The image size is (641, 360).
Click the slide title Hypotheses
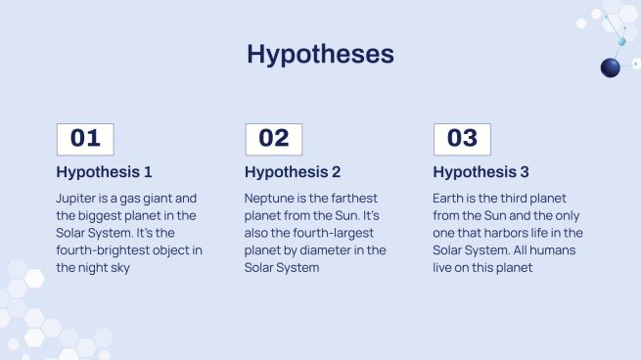click(x=321, y=54)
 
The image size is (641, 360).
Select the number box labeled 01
click(x=85, y=139)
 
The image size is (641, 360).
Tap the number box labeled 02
click(x=274, y=139)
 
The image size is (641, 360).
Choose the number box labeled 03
click(x=462, y=139)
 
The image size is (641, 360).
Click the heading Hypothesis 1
click(x=105, y=172)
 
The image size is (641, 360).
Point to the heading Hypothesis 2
click(x=293, y=172)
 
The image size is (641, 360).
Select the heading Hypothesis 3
click(x=481, y=172)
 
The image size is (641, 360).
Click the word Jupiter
click(x=75, y=199)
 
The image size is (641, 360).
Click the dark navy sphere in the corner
click(x=611, y=67)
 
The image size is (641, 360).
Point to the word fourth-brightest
click(x=103, y=250)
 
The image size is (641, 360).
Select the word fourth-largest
click(x=328, y=234)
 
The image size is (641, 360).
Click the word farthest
click(x=354, y=199)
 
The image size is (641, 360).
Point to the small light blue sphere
click(x=621, y=42)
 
